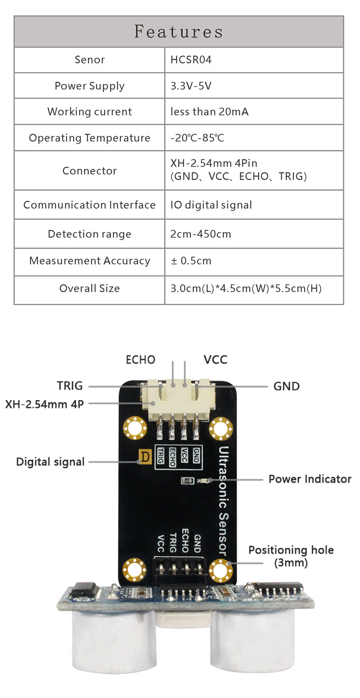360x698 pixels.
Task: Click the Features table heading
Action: [178, 32]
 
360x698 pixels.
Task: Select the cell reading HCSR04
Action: [191, 60]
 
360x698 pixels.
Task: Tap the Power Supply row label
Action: [89, 86]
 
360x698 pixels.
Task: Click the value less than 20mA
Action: [209, 111]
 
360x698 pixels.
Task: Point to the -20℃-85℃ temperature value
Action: [197, 138]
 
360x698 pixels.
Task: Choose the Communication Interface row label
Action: [89, 205]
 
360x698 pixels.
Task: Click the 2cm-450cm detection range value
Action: [201, 234]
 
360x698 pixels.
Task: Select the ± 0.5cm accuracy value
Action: [191, 261]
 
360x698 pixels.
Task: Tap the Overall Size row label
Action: [89, 288]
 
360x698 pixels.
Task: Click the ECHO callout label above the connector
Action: [140, 360]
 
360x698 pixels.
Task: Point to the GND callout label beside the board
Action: [286, 386]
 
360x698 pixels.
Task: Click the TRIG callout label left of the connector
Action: [70, 385]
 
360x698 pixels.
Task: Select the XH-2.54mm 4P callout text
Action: [44, 404]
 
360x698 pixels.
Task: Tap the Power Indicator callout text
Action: [310, 479]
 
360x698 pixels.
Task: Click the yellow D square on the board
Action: [145, 457]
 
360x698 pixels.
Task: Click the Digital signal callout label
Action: [50, 462]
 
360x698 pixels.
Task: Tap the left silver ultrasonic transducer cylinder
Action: [114, 638]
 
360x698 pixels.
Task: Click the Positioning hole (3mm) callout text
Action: [291, 556]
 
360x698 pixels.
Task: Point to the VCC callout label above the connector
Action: [215, 360]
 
